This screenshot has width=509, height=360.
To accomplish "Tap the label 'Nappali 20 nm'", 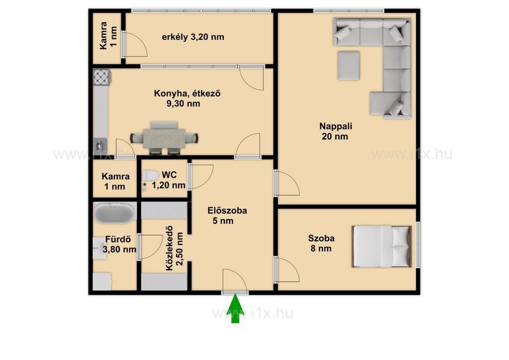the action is click(x=335, y=131).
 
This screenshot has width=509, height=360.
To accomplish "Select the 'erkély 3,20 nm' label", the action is click(x=193, y=37).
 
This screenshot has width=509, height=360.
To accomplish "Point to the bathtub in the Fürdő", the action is click(x=115, y=213).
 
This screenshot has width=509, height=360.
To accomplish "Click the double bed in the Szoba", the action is click(x=382, y=247).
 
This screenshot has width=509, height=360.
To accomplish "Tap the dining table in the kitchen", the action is click(x=164, y=138).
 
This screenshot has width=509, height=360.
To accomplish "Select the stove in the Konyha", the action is click(x=102, y=77).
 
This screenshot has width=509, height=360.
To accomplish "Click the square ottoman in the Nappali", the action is click(x=348, y=65).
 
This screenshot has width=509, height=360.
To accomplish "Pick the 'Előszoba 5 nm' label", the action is click(x=227, y=216).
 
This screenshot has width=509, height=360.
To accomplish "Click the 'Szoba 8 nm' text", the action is click(x=321, y=243).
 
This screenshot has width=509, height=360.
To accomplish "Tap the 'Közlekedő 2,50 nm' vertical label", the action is click(x=174, y=248).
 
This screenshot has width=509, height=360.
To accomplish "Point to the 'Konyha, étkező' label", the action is click(x=187, y=93).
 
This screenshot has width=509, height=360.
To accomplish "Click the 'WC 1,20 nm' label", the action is click(x=169, y=180).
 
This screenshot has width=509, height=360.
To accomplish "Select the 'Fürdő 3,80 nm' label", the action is click(x=119, y=244).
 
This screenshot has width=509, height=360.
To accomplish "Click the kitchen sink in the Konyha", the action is click(x=100, y=143).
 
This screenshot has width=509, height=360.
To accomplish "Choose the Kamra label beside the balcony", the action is click(x=108, y=36).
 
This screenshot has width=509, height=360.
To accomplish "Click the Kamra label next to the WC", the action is click(x=115, y=181).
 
